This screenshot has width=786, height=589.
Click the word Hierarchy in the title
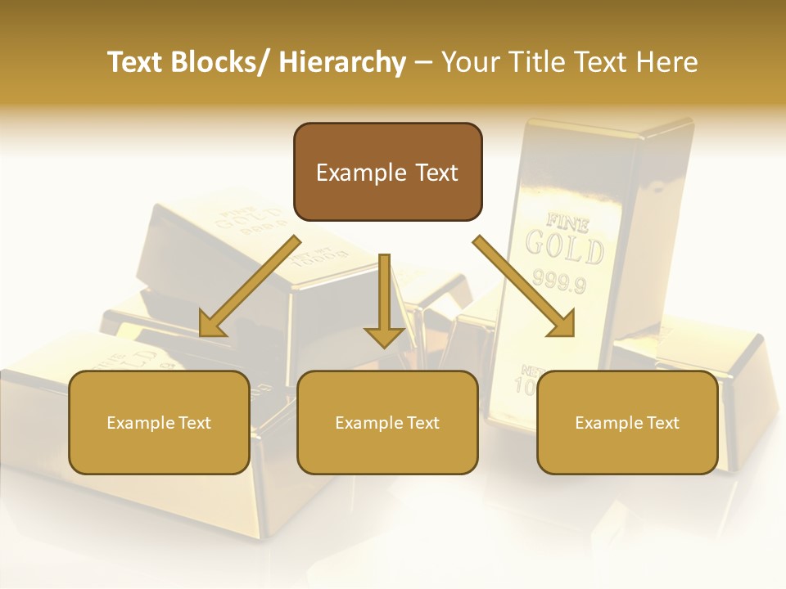click(342, 62)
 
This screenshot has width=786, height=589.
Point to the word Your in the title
click(470, 62)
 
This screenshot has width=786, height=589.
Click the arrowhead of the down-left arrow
click(211, 325)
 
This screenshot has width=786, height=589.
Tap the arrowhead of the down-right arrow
click(562, 324)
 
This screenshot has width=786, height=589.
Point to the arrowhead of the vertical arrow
click(384, 337)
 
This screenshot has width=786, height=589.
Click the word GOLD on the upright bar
click(565, 246)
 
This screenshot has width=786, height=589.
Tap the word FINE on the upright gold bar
click(562, 220)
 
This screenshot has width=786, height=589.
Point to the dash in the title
click(423, 63)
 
